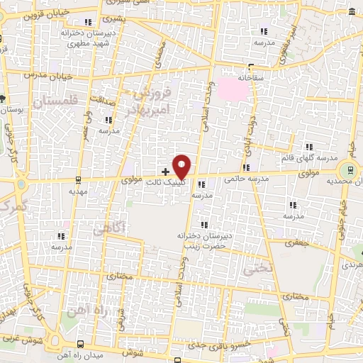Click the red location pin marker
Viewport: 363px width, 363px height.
click(182, 167)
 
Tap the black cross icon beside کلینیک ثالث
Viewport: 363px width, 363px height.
click(166, 172)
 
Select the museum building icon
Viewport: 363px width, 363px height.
click(353, 11)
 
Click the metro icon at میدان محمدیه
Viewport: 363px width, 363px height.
click(347, 169)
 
